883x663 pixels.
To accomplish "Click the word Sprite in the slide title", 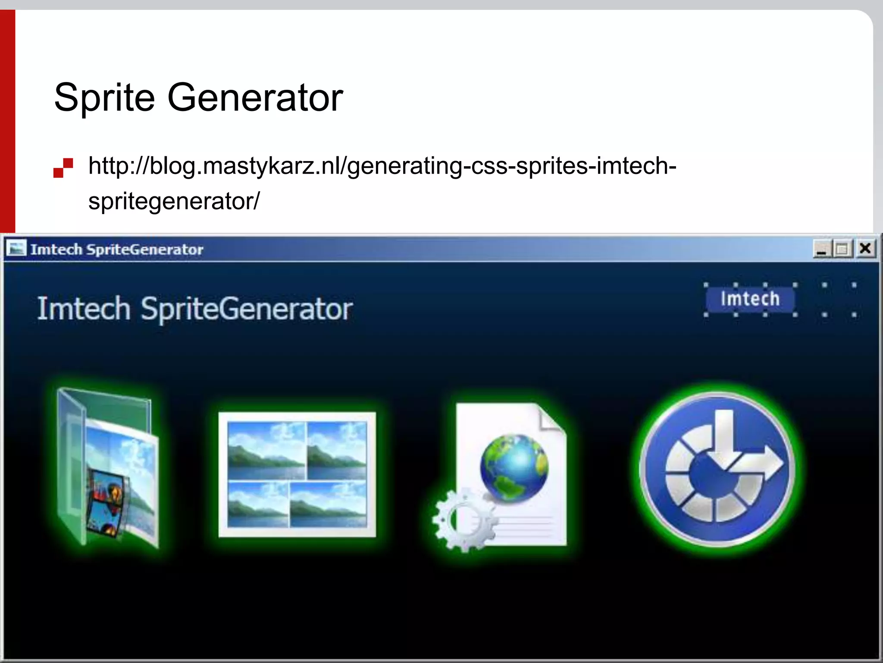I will coord(104,98).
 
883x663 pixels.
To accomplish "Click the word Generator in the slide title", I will coord(255,98).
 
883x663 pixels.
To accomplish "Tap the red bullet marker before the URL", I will coord(63,168).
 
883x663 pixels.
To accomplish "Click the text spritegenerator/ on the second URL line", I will coord(174,201).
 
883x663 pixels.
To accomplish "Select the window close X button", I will coord(865,249).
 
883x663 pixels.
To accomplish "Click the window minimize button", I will coord(821,249).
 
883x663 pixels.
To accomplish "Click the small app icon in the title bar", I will coord(16,249).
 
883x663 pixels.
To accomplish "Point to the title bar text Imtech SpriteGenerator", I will coord(116,249).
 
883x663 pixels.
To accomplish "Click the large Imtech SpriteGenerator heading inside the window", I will coord(195,309).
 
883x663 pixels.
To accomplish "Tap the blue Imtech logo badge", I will coord(750,299).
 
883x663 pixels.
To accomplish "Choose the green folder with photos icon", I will coord(108,468).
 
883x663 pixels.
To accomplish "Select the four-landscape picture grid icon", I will coord(297,474).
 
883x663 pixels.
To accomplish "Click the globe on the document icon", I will coord(514,468).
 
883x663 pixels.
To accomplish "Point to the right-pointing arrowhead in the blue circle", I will coord(772,466).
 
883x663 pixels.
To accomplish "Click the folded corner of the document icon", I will coord(551,418).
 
